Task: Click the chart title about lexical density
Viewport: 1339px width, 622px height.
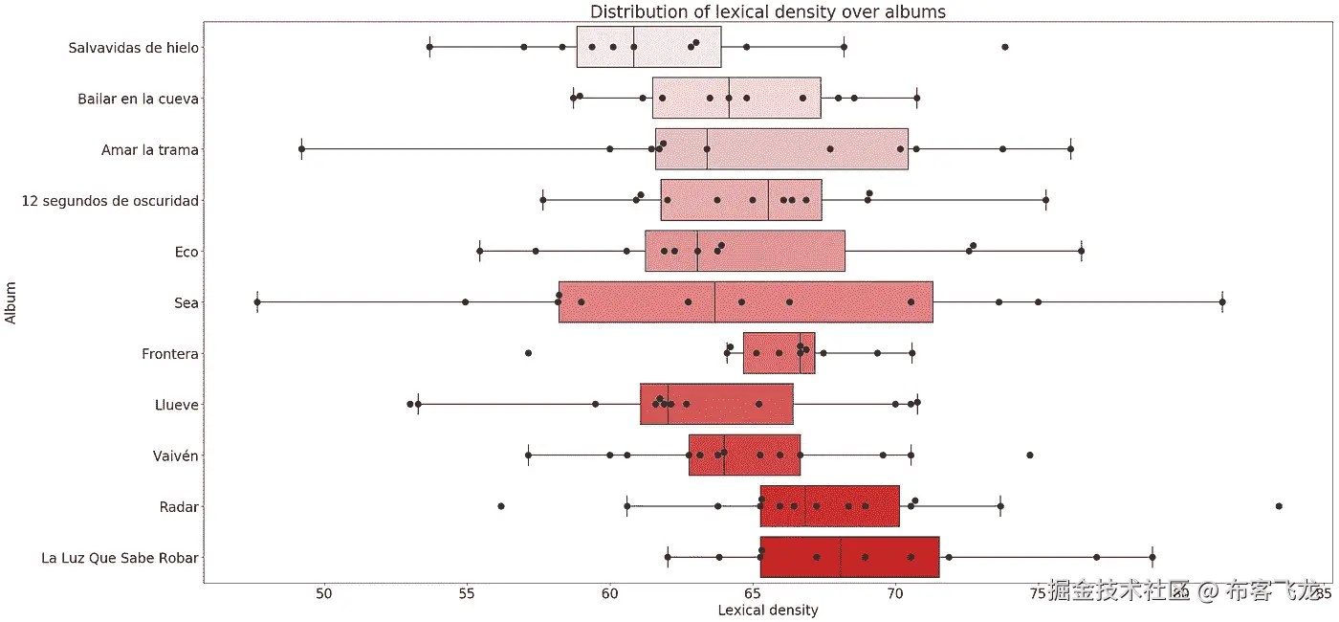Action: click(768, 11)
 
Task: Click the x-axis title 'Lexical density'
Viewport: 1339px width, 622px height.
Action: click(767, 610)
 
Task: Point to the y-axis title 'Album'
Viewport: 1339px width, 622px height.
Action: click(11, 302)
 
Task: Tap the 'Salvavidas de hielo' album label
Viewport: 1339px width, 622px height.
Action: click(134, 47)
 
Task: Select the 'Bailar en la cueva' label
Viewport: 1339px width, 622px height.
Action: click(139, 99)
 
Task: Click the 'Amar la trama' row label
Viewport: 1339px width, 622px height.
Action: click(150, 149)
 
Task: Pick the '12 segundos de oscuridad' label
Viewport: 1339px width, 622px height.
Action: click(111, 201)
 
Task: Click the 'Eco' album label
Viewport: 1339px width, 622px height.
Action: click(187, 252)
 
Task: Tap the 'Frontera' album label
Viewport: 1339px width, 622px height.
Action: click(170, 354)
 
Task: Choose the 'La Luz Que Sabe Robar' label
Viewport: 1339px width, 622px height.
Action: click(121, 558)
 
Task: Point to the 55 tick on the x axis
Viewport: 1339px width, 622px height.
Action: click(467, 593)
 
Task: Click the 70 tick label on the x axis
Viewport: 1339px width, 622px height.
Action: click(895, 593)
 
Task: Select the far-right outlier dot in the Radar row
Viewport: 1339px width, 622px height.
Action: click(1279, 505)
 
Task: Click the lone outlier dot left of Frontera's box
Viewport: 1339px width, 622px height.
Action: click(528, 353)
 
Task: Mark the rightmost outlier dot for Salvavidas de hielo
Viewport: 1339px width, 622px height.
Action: click(1004, 47)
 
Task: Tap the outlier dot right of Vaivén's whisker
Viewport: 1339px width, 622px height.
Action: click(1029, 455)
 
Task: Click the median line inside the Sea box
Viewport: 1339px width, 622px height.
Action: click(714, 302)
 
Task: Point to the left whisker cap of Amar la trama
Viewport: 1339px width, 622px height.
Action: click(301, 149)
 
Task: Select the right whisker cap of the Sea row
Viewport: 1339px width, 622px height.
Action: click(1222, 302)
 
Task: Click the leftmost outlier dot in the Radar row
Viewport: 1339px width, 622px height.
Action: click(501, 505)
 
